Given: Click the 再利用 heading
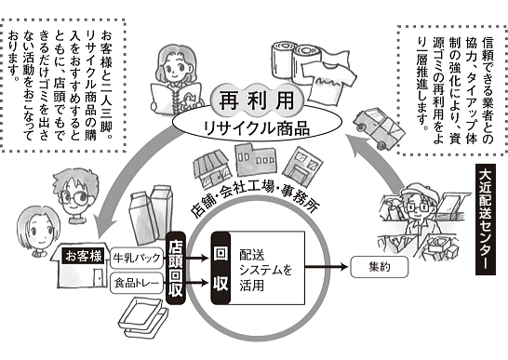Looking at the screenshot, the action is point(257,100).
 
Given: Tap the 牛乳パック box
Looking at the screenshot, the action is point(137,258).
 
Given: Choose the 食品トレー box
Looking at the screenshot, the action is point(137,284).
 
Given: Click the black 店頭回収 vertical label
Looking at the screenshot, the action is point(176,268).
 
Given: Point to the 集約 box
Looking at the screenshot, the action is point(380,267).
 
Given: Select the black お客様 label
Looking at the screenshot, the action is point(83,257).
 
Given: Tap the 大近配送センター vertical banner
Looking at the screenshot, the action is point(486,220).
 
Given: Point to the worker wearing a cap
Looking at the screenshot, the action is point(421,220).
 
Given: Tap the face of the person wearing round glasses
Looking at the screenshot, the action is point(75,196).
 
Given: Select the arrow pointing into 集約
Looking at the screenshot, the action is point(327,267).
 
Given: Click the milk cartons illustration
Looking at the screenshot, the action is point(152,214).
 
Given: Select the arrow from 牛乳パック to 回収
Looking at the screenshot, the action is point(197,258).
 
